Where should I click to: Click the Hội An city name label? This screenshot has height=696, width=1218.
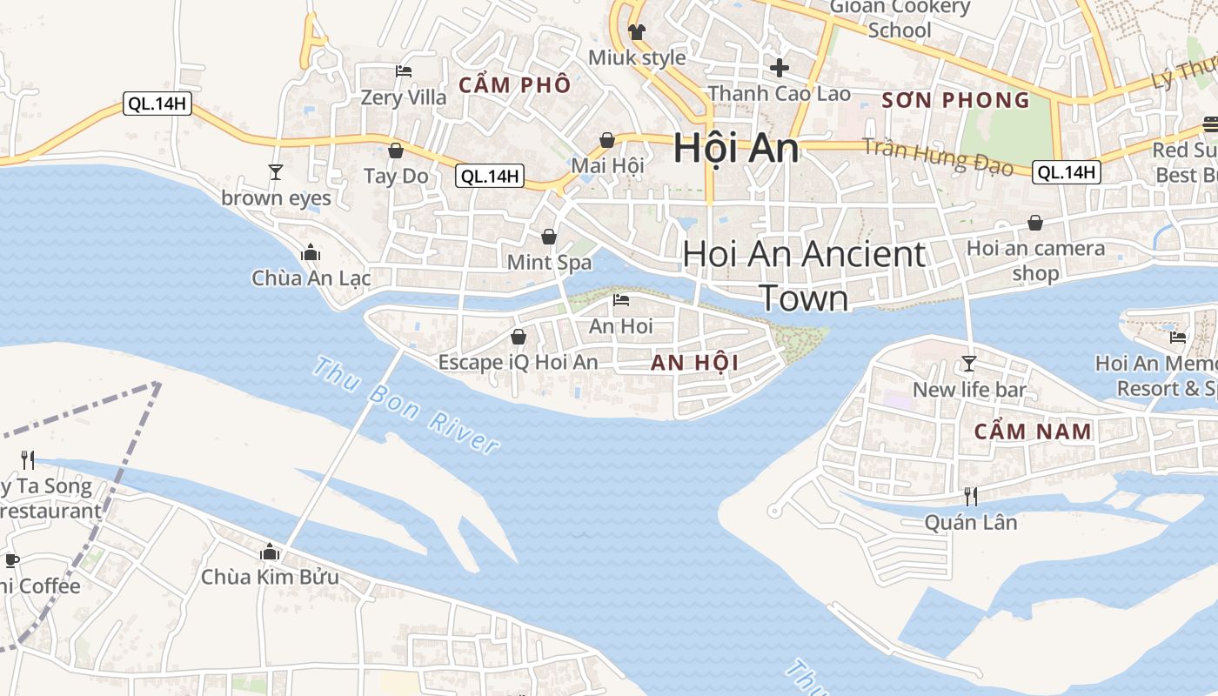[736, 149]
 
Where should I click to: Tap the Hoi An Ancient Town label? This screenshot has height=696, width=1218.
[804, 275]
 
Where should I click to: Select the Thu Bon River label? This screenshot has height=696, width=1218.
[405, 405]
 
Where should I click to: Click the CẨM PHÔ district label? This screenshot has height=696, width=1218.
[515, 84]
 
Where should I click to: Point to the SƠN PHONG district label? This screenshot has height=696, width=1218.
[955, 100]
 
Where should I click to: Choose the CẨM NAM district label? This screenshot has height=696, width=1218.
[1033, 431]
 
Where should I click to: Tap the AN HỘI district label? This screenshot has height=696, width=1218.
[694, 363]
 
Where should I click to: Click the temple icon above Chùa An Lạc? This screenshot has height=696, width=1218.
[311, 253]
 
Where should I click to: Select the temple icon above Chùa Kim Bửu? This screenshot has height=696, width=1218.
[270, 552]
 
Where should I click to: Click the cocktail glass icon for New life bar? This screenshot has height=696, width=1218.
[969, 364]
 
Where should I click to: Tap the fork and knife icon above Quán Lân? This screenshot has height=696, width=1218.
[970, 497]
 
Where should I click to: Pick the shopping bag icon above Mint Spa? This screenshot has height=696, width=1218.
[549, 237]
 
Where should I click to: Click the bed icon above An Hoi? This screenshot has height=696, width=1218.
[621, 301]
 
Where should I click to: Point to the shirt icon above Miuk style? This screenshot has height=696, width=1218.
[637, 32]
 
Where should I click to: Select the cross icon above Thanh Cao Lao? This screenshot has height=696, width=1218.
[780, 67]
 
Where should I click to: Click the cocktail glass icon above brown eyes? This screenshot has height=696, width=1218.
[276, 172]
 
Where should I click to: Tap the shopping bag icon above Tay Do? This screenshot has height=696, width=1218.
[396, 151]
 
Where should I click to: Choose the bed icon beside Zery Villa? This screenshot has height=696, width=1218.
[404, 70]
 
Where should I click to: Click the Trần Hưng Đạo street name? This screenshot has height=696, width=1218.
[938, 157]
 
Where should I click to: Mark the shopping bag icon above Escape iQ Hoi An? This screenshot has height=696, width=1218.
[519, 337]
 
